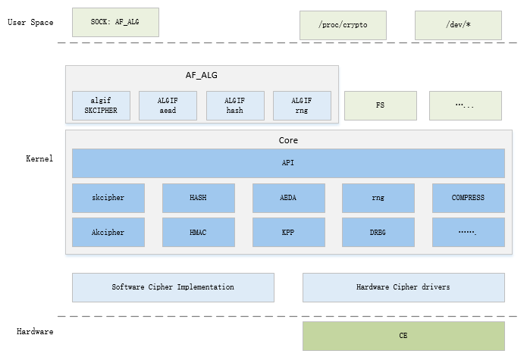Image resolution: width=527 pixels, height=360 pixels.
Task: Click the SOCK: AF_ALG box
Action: coord(116,23)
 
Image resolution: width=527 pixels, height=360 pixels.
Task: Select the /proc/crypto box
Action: coord(343,26)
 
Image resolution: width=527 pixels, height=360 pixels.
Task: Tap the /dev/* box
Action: coord(458,26)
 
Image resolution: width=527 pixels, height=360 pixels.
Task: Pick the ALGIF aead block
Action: coord(168,106)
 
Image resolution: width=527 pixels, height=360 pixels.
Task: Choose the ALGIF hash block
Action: coord(235,106)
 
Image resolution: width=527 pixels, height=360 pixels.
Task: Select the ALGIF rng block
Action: coord(302,106)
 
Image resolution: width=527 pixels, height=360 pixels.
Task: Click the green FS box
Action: coord(381,106)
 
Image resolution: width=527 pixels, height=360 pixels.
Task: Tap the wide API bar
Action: coord(288,163)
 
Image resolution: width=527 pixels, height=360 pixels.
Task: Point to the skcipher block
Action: coord(108,198)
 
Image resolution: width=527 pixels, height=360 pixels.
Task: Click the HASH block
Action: coord(198,198)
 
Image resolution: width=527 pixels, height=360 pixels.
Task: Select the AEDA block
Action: coord(288,198)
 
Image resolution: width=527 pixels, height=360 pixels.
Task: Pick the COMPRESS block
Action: coord(468,198)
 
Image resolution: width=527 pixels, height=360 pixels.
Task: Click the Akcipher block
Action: coord(108,233)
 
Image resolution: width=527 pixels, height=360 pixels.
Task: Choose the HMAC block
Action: coord(198,233)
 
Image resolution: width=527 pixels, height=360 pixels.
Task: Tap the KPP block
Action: coord(288,233)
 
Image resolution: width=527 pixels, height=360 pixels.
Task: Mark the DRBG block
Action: coord(378,233)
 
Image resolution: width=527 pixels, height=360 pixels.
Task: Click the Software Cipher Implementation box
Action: coord(173,288)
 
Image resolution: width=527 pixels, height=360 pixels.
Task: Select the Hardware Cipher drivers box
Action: coord(403,288)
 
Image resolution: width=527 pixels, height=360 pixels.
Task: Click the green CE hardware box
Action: coord(403,336)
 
